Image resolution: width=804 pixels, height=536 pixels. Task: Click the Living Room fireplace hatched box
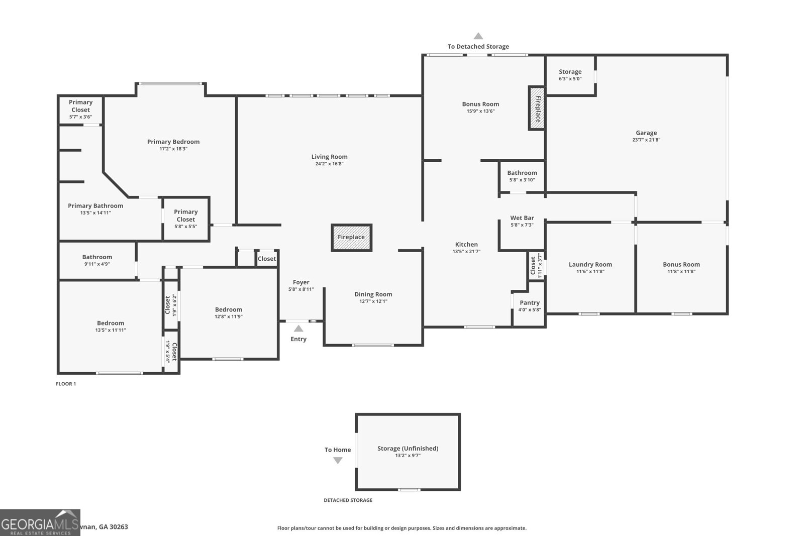pyautogui.click(x=351, y=237)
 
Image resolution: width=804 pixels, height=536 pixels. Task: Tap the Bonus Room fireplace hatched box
pyautogui.click(x=537, y=109)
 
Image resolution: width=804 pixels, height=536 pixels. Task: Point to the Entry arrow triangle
pyautogui.click(x=298, y=329)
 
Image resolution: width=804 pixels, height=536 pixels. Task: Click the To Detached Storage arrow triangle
pyautogui.click(x=478, y=36)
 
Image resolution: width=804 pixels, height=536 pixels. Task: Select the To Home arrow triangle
pyautogui.click(x=338, y=460)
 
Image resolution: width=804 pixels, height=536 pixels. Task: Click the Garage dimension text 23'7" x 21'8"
pyautogui.click(x=646, y=140)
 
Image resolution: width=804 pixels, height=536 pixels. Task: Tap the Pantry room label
pyautogui.click(x=530, y=302)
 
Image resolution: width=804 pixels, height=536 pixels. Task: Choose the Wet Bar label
pyautogui.click(x=522, y=218)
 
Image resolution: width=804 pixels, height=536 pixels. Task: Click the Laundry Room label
pyautogui.click(x=590, y=264)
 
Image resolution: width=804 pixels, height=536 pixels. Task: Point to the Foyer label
pyautogui.click(x=301, y=282)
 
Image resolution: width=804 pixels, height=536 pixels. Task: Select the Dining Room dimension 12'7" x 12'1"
pyautogui.click(x=373, y=301)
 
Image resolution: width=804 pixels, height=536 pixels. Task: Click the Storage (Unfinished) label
pyautogui.click(x=408, y=448)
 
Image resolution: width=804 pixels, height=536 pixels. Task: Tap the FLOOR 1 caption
pyautogui.click(x=66, y=384)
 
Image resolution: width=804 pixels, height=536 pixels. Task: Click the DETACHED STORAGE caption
pyautogui.click(x=348, y=500)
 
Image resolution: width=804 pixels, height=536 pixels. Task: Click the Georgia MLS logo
pyautogui.click(x=40, y=522)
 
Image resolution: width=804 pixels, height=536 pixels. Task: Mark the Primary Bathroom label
pyautogui.click(x=95, y=205)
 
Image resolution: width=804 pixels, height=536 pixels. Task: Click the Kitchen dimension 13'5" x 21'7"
pyautogui.click(x=466, y=252)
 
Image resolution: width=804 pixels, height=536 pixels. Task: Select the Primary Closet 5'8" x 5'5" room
pyautogui.click(x=185, y=219)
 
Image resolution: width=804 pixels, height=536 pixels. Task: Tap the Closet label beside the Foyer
pyautogui.click(x=267, y=259)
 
